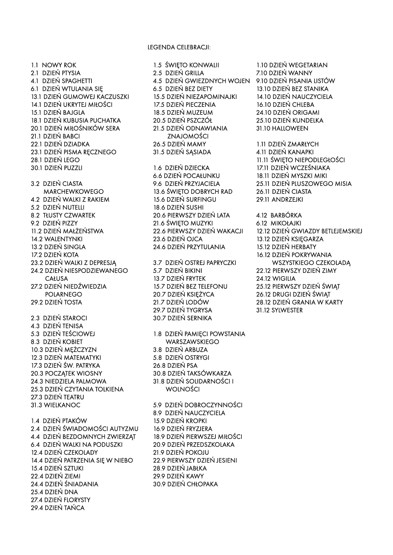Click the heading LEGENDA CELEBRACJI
179,47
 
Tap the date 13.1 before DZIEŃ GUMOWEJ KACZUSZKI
36,97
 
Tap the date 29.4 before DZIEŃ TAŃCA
37,508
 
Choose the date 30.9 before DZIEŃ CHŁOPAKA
159,484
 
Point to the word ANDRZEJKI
287,200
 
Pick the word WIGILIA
284,279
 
